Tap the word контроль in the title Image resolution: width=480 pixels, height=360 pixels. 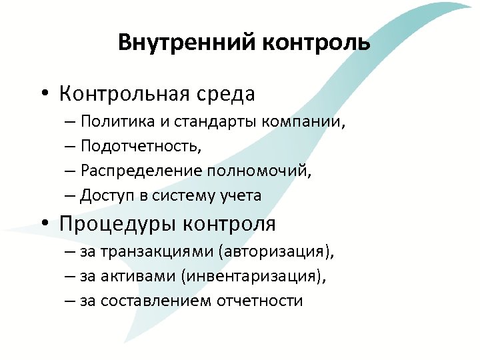[315, 43]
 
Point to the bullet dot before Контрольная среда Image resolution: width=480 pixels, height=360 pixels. [43, 94]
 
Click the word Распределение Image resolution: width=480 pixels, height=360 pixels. [142, 171]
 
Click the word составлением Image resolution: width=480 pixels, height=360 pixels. [157, 301]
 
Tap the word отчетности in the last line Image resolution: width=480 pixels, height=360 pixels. [260, 301]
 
